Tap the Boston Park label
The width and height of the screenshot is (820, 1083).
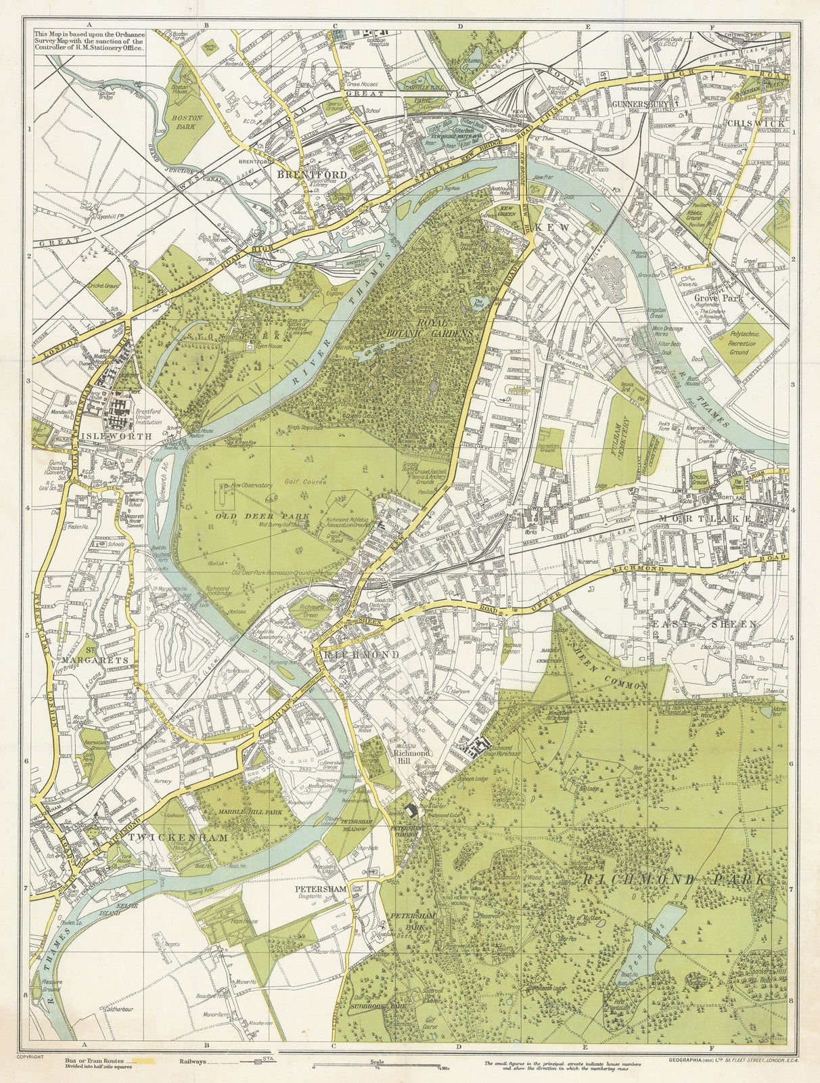click(183, 122)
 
